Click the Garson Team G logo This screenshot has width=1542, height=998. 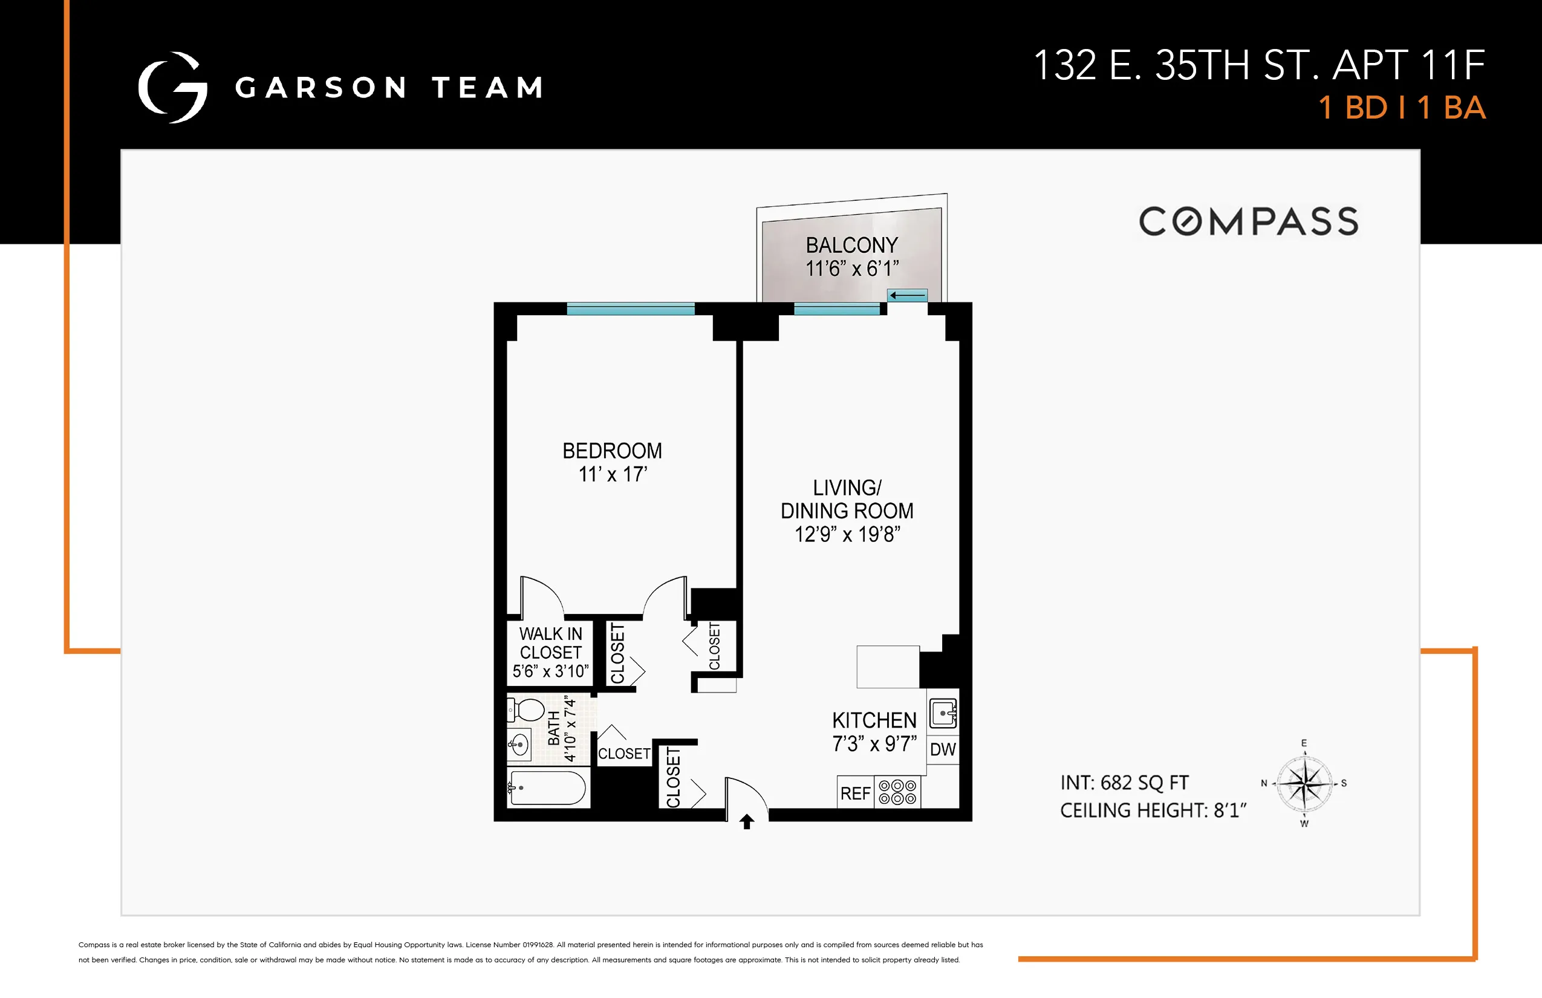pos(173,88)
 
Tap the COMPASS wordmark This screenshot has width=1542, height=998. pos(1249,221)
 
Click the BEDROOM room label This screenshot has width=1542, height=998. pos(612,451)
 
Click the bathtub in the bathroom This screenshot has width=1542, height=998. pos(548,788)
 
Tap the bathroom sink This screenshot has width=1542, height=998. pos(519,745)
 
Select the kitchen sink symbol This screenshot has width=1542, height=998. pos(943,714)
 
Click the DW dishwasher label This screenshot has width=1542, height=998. pos(943,750)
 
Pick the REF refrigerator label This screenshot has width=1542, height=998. pos(855,793)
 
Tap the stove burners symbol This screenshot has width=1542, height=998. pos(897,792)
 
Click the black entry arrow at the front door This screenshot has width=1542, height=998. pos(747,822)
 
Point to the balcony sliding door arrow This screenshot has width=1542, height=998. pos(908,296)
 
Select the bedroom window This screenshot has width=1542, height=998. pos(630,309)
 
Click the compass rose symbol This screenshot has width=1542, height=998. pos(1304,783)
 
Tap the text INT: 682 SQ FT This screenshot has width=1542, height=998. pos(1125,783)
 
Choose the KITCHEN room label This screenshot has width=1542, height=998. pos(874,720)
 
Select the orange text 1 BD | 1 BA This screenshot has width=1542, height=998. pos(1402,108)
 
